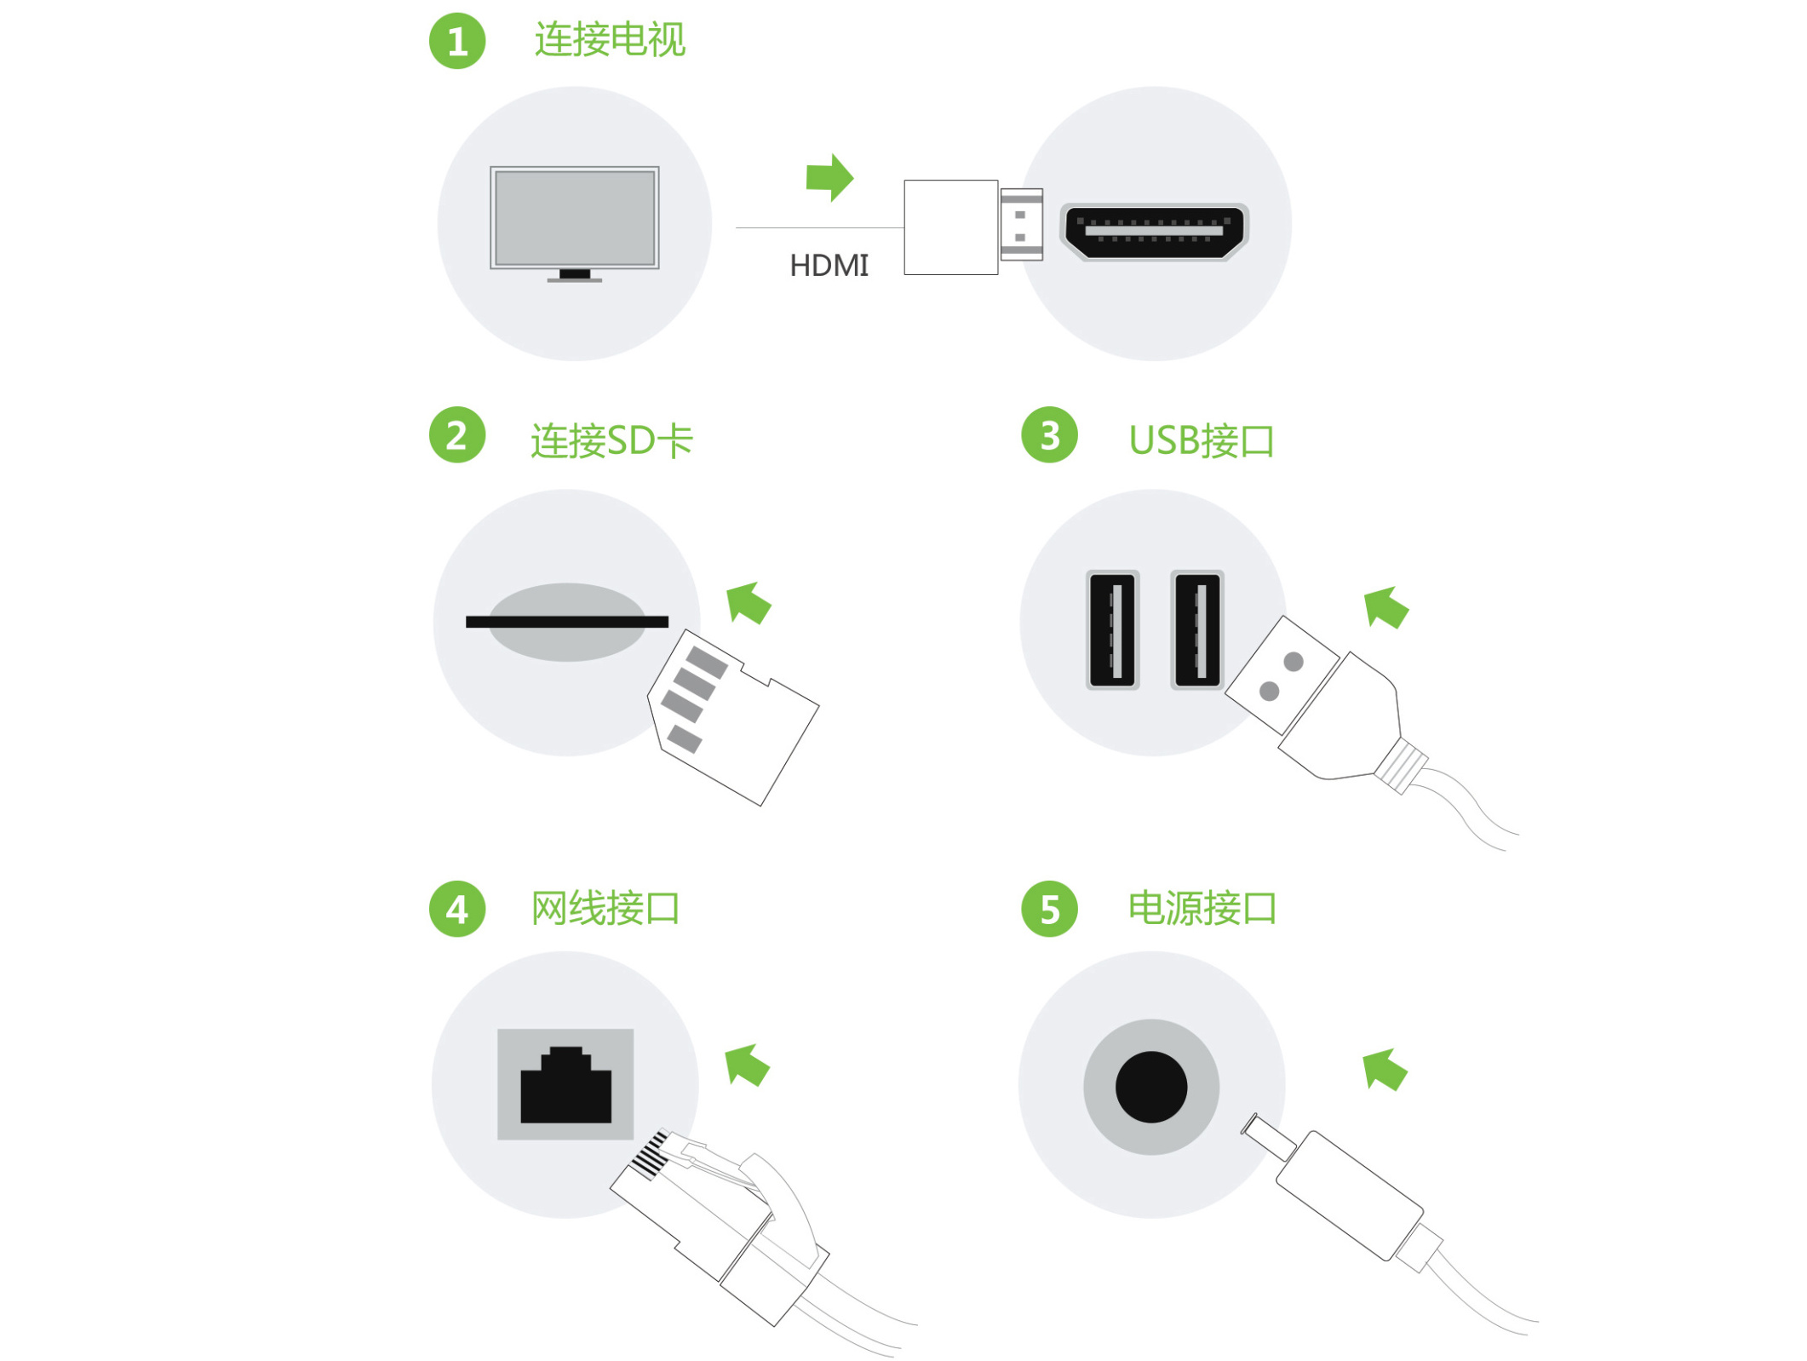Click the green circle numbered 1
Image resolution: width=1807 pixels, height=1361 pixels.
tap(457, 41)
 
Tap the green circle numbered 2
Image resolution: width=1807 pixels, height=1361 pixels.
tap(457, 435)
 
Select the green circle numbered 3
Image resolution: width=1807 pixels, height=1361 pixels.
tap(1050, 435)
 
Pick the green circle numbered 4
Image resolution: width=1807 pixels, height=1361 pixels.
tap(457, 909)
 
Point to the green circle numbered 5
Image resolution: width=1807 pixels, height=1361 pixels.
tap(1050, 909)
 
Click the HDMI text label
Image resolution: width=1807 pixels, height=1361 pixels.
tap(829, 266)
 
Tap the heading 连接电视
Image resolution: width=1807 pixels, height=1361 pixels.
tap(610, 40)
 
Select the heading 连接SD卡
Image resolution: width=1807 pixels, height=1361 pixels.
tap(612, 441)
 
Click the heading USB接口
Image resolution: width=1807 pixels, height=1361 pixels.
tap(1202, 441)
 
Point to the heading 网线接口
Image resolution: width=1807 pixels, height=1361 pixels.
tap(605, 909)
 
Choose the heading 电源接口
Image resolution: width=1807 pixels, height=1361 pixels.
tap(1202, 909)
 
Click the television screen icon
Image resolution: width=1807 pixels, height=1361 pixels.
tap(575, 223)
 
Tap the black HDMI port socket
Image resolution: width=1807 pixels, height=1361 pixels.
tap(1155, 231)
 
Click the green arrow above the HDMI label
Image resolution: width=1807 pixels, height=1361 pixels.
tap(829, 178)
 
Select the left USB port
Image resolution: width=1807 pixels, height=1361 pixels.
tap(1113, 629)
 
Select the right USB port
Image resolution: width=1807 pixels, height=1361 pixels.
tap(1197, 629)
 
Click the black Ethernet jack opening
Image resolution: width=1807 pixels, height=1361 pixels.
tap(566, 1084)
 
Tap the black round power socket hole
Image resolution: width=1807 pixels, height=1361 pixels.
tap(1151, 1087)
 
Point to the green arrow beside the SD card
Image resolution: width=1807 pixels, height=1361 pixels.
tap(749, 604)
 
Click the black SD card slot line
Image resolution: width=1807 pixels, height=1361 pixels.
tap(567, 622)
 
